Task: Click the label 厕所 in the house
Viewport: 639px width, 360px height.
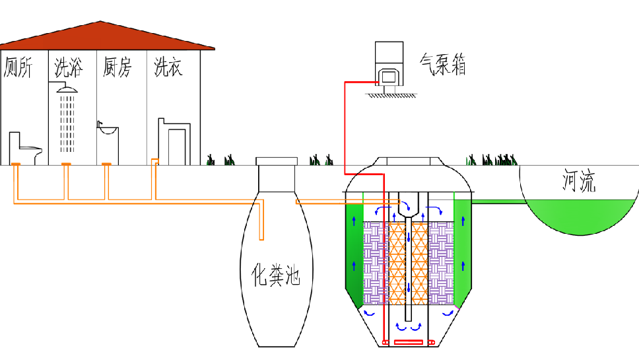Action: (18, 68)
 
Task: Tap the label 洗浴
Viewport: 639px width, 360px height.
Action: (68, 68)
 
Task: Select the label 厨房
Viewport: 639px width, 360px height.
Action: (118, 68)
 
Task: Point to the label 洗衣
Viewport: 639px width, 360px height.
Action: (168, 68)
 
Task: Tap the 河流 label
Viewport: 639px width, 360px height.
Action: (579, 181)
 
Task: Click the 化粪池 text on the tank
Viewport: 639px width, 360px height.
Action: (277, 274)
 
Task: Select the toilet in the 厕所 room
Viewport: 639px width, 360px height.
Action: (24, 148)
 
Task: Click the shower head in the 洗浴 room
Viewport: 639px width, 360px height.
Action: (67, 89)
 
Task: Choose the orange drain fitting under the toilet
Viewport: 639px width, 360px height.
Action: (15, 164)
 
